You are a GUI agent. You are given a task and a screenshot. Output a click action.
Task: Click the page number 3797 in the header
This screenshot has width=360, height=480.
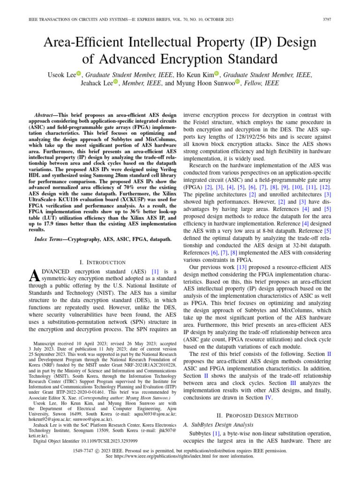(x=342, y=19)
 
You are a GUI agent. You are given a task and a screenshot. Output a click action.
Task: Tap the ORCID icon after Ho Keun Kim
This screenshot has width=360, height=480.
(x=217, y=73)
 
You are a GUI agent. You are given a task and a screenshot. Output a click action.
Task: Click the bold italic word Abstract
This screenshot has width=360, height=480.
(x=46, y=115)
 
